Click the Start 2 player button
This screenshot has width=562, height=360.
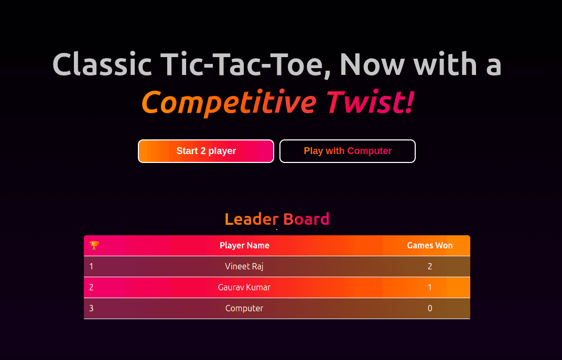tap(206, 151)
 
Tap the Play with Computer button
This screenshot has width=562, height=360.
tap(348, 151)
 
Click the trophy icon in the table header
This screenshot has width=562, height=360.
tap(94, 245)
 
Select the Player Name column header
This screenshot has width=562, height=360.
tap(244, 245)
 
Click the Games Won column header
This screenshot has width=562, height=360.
tap(430, 245)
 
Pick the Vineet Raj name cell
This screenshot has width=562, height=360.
tap(244, 266)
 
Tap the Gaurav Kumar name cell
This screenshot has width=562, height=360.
tap(244, 287)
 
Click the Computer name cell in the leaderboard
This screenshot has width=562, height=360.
tap(244, 309)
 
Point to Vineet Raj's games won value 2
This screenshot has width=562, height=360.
tap(430, 266)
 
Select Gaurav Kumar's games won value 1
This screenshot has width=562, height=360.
tap(430, 287)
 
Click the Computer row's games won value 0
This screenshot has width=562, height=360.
tap(430, 309)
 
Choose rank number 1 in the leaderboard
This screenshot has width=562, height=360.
tap(91, 266)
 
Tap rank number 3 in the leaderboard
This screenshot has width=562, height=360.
tap(91, 309)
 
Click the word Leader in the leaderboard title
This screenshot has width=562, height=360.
tap(252, 219)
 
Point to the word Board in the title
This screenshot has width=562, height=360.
tap(306, 219)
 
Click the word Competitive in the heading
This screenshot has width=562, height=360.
tap(229, 103)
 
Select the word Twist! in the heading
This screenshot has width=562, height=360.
tap(370, 102)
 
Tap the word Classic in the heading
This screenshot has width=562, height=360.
tap(102, 64)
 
